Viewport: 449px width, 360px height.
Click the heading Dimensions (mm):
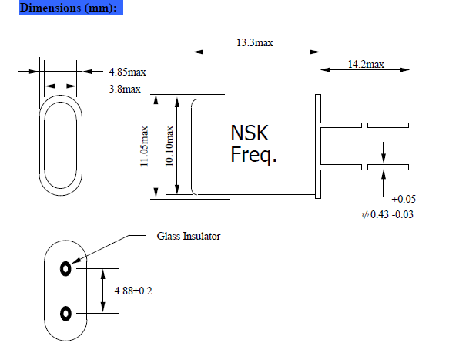point(58,8)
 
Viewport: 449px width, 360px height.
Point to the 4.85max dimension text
point(127,72)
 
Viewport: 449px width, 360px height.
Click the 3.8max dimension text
point(124,89)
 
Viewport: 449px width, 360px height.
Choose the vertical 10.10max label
point(169,146)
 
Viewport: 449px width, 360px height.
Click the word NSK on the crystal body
point(250,133)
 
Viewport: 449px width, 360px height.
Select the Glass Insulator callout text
point(188,237)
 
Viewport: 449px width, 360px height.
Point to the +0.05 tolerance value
point(404,199)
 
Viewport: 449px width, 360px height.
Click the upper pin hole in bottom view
point(65,269)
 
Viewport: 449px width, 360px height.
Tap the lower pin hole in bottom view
point(65,313)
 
